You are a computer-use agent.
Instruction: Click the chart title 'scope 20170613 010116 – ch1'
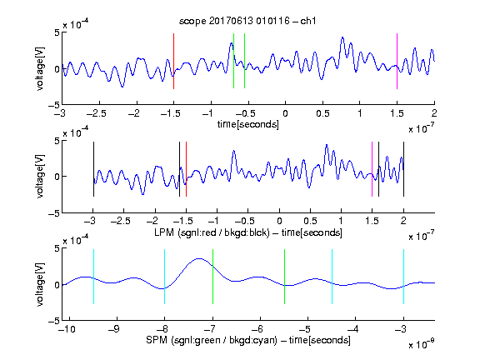[247, 21]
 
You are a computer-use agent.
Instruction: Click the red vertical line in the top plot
[173, 61]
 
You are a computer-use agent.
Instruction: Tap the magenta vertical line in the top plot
[397, 61]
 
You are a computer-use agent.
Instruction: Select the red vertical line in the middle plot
[186, 169]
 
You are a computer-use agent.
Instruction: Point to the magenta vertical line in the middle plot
[372, 169]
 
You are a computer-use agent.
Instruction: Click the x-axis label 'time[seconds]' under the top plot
[248, 124]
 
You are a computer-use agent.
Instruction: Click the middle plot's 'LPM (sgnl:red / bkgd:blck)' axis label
[212, 232]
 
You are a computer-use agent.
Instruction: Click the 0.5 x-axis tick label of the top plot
[322, 113]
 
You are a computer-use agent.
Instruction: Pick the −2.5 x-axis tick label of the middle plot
[120, 221]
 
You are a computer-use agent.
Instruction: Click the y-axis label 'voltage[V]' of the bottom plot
[40, 284]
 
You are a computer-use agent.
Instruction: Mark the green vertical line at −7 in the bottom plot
[212, 277]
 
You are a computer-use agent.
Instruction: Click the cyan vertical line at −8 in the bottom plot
[165, 277]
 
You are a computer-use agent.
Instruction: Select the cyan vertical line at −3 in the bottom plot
[404, 277]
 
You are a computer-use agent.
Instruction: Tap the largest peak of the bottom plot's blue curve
[199, 258]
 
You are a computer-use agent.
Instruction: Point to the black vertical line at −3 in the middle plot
[93, 169]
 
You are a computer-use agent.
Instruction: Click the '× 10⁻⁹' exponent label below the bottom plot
[422, 344]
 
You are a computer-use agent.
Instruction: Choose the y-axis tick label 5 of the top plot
[57, 32]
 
